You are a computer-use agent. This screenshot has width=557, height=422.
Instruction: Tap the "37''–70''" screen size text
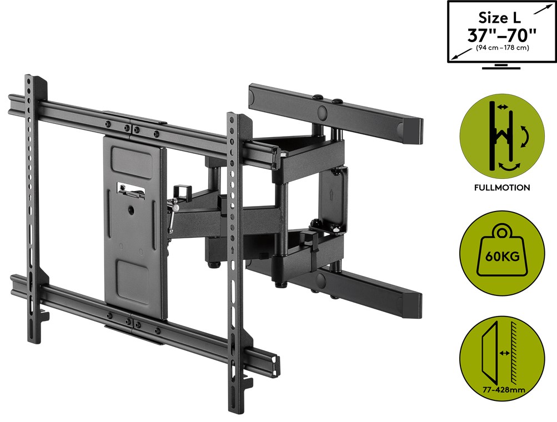502,35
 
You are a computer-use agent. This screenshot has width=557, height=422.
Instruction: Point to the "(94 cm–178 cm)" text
502,48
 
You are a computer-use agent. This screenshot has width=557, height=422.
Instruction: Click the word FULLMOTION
502,188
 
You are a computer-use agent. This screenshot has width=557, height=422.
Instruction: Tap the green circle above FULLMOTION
502,135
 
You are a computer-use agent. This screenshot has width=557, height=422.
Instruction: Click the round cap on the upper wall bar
322,112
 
